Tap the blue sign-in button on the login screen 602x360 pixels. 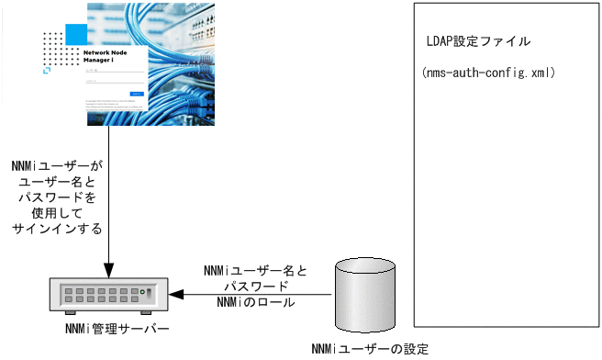click(x=136, y=93)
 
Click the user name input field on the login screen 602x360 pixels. click(x=114, y=72)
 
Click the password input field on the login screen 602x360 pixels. click(x=114, y=83)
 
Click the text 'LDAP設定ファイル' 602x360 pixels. click(x=478, y=43)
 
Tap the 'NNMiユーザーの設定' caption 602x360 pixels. click(x=370, y=348)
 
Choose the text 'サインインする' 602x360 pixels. click(x=58, y=228)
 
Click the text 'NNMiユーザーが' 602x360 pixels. click(x=58, y=166)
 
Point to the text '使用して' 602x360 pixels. click(x=58, y=212)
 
